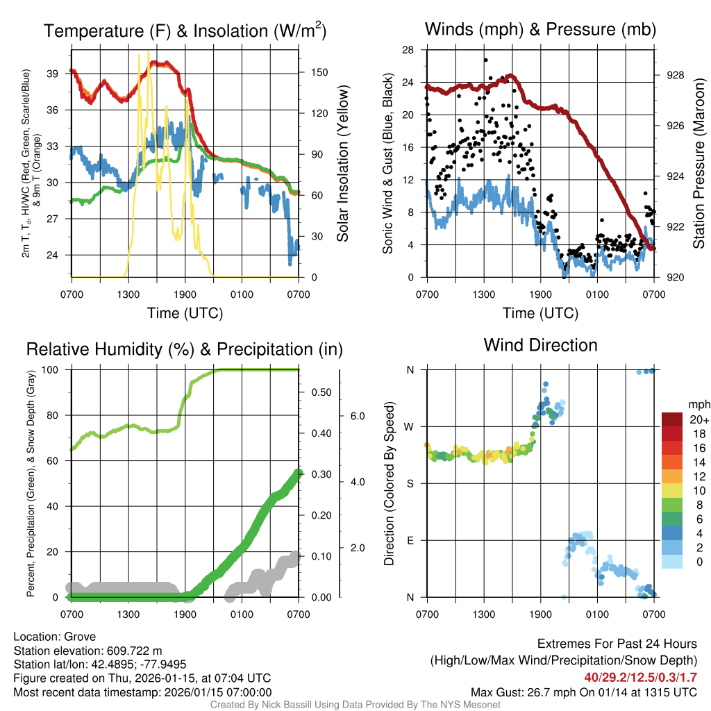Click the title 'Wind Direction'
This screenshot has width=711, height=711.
(540, 345)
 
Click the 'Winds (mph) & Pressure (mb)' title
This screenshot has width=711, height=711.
(540, 29)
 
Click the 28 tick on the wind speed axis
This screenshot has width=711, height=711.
(408, 50)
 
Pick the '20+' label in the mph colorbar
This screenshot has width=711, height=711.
(699, 419)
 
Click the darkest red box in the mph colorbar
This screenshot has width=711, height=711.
(674, 419)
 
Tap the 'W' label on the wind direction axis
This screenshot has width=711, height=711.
(410, 426)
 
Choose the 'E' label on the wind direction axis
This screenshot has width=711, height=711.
(410, 540)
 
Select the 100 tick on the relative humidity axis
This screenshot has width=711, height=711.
(58, 370)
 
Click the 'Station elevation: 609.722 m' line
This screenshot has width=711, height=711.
(87, 651)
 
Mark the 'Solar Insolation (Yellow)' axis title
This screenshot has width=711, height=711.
(342, 164)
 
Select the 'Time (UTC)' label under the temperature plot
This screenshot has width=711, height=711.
(185, 313)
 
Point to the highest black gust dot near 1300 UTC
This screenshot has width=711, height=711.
(486, 60)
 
